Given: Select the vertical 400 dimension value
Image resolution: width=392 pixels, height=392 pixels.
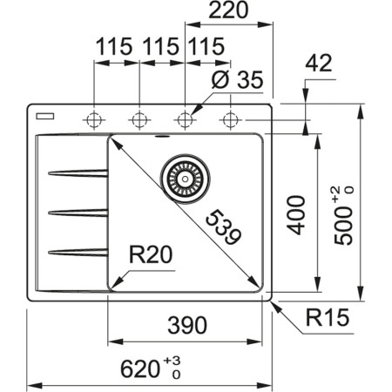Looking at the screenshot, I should pyautogui.click(x=297, y=213).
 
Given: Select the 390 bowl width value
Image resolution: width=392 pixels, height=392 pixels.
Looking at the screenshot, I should pyautogui.click(x=186, y=326).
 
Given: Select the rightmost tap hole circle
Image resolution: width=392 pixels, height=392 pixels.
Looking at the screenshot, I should pyautogui.click(x=230, y=119).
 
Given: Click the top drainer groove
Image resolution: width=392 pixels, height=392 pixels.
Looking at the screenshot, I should pyautogui.click(x=78, y=173).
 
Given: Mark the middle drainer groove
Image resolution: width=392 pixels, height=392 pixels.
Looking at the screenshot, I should pyautogui.click(x=78, y=211).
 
